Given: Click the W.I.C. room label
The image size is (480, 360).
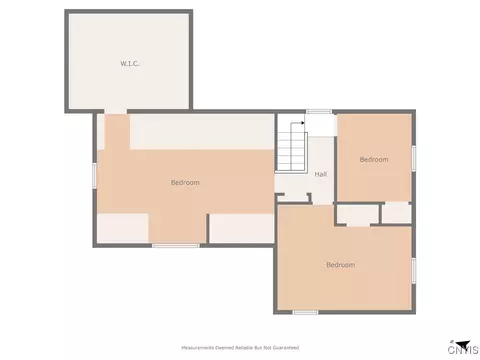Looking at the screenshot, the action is coord(130,63).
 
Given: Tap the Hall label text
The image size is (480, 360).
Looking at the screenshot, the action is coord(321,174).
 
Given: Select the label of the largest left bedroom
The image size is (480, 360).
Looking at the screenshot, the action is coord(185,182).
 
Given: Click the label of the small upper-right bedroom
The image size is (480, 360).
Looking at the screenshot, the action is coord(374,159).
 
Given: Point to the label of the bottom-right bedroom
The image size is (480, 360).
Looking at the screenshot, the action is coord(340,265).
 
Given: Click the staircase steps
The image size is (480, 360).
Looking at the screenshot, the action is coord(292,151).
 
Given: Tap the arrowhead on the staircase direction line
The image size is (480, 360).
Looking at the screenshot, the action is coord(303,123).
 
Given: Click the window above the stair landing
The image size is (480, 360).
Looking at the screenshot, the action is coord(319,112).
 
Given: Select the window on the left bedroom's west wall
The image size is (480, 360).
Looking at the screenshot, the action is coord(95,175).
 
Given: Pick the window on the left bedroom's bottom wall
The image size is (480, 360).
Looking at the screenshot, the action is coord(176,246).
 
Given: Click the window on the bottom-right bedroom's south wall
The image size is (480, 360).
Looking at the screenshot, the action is coord(305,312).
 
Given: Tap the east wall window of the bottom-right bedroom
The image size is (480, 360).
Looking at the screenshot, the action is coord(414,271).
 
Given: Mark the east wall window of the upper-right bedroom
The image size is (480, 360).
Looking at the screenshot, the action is coord(414,158).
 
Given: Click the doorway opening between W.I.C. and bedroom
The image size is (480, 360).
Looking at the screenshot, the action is coord(116,111).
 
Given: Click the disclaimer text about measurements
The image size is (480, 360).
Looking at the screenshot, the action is coord(240,348).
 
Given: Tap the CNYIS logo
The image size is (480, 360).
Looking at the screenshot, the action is coord(463,347).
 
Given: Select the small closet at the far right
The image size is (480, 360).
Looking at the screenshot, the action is coord(396,213).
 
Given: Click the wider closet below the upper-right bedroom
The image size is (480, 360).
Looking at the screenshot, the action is coord(358,214).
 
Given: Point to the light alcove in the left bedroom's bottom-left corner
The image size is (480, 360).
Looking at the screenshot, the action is coord(123,228).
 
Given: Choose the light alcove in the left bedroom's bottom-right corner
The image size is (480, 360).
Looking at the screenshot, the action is coord(242,228).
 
